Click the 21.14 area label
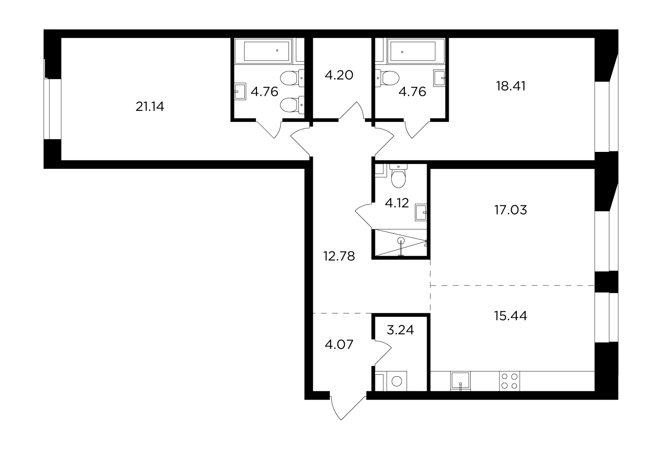click(149, 107)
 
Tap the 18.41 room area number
click(511, 86)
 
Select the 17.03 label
click(511, 210)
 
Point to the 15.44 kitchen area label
click(511, 316)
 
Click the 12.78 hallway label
click(339, 256)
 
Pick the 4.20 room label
click(339, 75)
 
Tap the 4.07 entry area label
click(339, 344)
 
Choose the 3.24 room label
click(400, 330)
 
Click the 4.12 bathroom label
click(397, 203)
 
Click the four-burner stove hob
click(509, 381)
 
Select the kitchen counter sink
click(460, 381)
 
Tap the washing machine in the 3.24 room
click(397, 381)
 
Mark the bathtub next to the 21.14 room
click(266, 51)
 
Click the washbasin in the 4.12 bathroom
click(421, 212)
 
